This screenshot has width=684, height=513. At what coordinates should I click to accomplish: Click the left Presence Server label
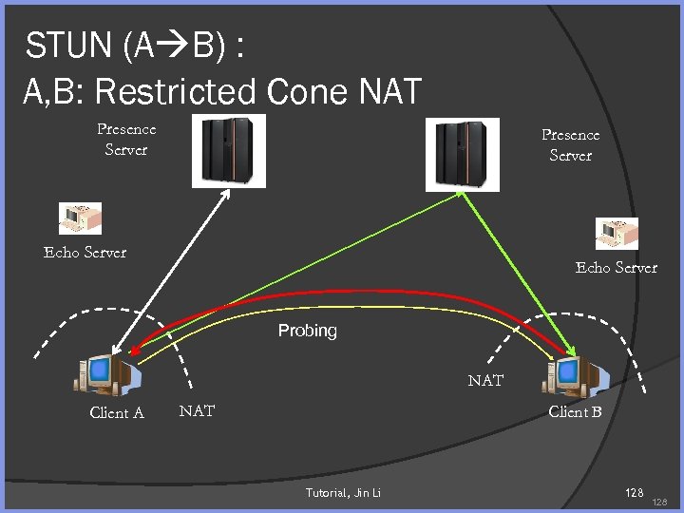click(126, 139)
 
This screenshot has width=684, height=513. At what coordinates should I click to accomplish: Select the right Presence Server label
click(571, 144)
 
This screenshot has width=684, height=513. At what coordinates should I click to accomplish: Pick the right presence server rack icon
click(462, 153)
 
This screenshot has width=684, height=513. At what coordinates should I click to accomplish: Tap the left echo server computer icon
click(79, 218)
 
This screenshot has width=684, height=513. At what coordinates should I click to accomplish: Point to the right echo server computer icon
click(617, 234)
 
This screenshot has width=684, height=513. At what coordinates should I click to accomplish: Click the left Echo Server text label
click(85, 252)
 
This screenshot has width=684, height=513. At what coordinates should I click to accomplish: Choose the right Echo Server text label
click(617, 267)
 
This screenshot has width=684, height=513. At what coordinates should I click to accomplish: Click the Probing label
click(307, 331)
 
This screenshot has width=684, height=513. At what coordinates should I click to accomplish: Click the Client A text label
click(117, 412)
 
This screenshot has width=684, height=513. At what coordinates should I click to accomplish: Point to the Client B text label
click(576, 411)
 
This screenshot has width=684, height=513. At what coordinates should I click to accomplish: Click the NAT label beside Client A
click(197, 410)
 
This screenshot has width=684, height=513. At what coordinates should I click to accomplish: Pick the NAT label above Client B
click(485, 380)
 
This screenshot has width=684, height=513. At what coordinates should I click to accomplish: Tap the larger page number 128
click(632, 492)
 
